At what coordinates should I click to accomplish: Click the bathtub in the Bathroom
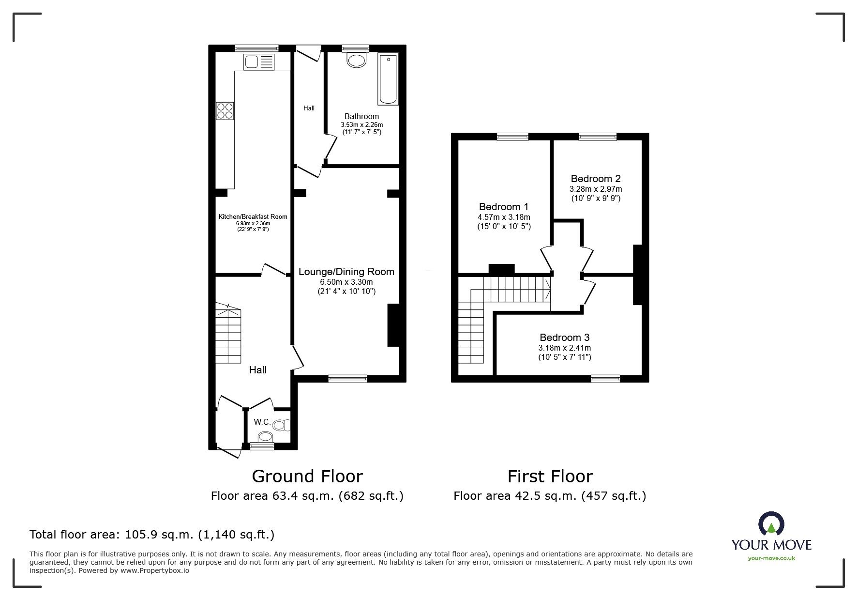388,79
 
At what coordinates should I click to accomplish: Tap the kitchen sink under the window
259,62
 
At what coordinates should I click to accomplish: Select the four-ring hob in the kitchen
225,111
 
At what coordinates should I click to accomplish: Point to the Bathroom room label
361,116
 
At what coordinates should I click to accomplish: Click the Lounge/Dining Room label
346,272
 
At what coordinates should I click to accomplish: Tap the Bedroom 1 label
504,207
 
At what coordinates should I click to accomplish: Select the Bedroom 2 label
596,179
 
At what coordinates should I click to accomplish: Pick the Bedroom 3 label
565,338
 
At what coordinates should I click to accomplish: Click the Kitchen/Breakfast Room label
253,217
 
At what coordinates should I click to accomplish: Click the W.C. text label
262,422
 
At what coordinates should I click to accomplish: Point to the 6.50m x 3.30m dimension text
346,282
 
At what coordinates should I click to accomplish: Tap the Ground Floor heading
307,477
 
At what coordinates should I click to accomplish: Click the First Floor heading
550,477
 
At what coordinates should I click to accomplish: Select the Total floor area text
152,535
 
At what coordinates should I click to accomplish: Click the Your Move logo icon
771,524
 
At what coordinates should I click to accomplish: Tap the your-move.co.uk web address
771,558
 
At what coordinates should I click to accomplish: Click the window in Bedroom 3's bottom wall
605,379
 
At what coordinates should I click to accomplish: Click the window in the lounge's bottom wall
347,379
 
